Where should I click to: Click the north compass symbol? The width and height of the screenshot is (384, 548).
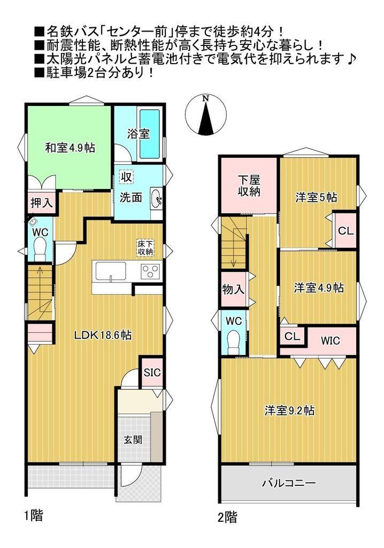click(x=206, y=115)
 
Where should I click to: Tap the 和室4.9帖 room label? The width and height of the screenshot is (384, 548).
click(x=70, y=148)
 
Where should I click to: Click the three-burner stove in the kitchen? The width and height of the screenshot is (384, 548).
click(x=150, y=271)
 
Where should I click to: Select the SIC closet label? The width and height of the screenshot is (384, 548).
click(x=152, y=372)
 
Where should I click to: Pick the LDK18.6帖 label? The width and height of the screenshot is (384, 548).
click(x=102, y=335)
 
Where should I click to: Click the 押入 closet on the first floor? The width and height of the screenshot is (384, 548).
click(x=42, y=203)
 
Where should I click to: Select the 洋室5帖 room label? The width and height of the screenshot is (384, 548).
click(x=316, y=197)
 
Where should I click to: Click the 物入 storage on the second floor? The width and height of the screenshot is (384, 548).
click(x=233, y=290)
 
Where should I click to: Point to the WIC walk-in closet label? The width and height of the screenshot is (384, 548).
click(x=330, y=340)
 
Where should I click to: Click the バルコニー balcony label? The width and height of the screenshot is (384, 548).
click(x=289, y=483)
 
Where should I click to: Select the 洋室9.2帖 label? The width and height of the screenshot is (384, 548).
click(x=289, y=410)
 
